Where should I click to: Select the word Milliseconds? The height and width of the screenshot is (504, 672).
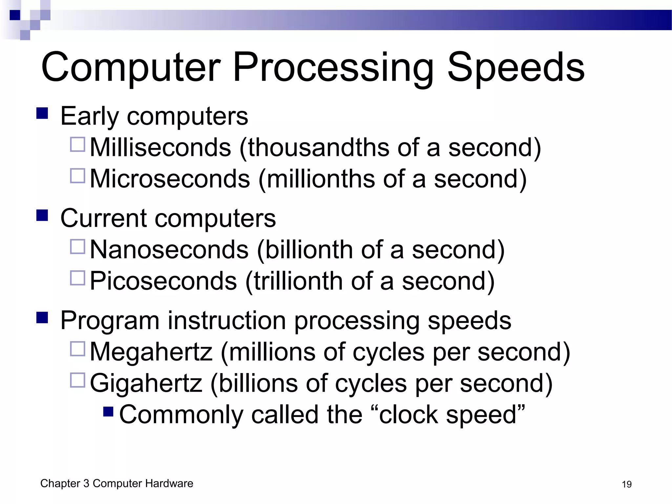(x=160, y=147)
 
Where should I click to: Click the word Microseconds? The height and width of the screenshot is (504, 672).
(x=170, y=179)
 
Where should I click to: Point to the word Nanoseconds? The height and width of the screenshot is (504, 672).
(x=169, y=250)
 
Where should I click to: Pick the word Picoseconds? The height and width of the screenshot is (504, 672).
(x=163, y=281)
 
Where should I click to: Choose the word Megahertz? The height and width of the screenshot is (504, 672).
(x=151, y=352)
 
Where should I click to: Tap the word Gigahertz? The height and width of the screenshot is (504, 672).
(x=146, y=383)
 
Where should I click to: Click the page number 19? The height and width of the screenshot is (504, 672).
(x=626, y=484)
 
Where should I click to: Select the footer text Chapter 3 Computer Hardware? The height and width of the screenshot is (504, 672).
(x=117, y=483)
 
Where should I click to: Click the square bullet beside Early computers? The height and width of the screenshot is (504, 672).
(x=42, y=114)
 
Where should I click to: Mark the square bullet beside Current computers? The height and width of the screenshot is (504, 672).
(x=42, y=216)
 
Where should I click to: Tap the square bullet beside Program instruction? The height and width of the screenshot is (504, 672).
(x=42, y=318)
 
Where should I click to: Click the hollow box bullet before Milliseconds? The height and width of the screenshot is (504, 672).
(x=78, y=144)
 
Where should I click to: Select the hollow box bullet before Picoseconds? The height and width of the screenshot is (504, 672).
(x=78, y=278)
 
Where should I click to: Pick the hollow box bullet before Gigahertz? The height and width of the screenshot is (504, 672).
(x=78, y=380)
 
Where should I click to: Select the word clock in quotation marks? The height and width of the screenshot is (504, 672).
(x=409, y=414)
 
